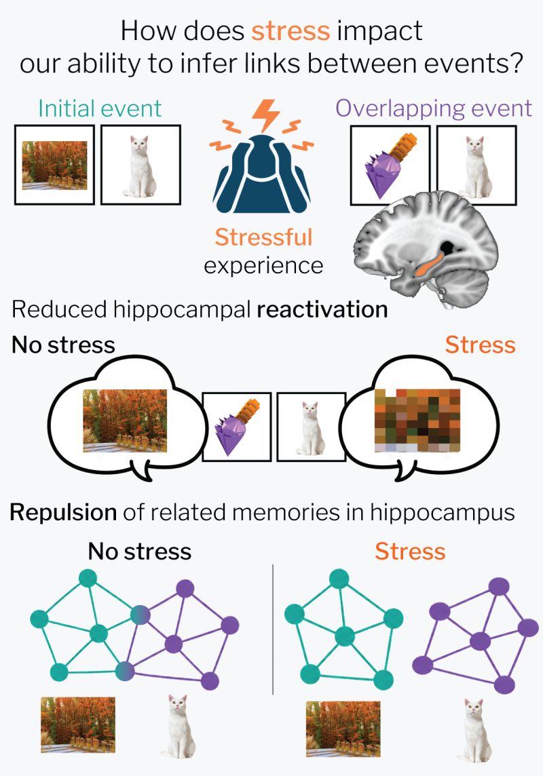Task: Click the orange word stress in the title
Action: coord(291,31)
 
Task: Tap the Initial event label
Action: coord(100,109)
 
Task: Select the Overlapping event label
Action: coord(434,109)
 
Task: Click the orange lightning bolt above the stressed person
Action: coord(266,116)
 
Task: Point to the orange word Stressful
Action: coord(263,237)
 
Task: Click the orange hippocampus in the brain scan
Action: coord(429,263)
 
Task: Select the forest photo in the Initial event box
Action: coord(54,166)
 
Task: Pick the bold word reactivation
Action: coord(322,310)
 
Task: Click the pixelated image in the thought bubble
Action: coord(417,421)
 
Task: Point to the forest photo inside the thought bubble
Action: coord(125,421)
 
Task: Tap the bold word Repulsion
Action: coord(63,513)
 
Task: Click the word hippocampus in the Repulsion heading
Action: coord(443,513)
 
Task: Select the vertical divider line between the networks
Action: coord(273,629)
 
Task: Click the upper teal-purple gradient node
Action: coord(141,615)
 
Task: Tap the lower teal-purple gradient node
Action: coord(125,671)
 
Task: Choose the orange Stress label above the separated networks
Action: coord(410,551)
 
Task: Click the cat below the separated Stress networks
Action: coord(474,730)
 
